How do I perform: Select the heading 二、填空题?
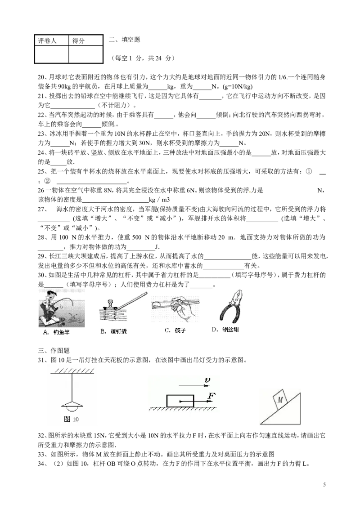tap(125, 40)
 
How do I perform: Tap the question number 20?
tap(41, 77)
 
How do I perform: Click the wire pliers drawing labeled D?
tap(231, 307)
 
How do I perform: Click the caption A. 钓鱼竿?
tap(56, 332)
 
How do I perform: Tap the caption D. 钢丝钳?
tap(225, 330)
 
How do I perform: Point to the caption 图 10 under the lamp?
tap(72, 419)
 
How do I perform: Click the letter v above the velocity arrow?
tap(207, 380)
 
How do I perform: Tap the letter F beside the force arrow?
tap(211, 396)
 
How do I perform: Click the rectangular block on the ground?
tap(180, 401)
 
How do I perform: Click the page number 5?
tap(324, 485)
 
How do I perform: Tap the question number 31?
tap(41, 360)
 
